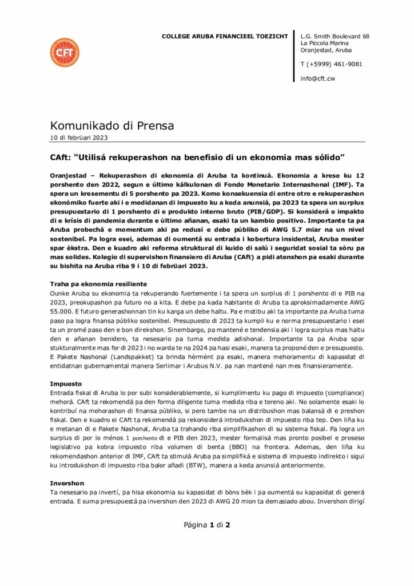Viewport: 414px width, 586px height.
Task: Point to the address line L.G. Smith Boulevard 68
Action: (x=335, y=36)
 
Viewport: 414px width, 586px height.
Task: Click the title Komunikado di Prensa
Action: (x=112, y=125)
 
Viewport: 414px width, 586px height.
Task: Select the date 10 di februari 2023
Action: (x=78, y=137)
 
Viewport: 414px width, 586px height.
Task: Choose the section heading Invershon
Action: (x=67, y=483)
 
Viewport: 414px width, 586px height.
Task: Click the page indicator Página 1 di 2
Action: (x=206, y=524)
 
